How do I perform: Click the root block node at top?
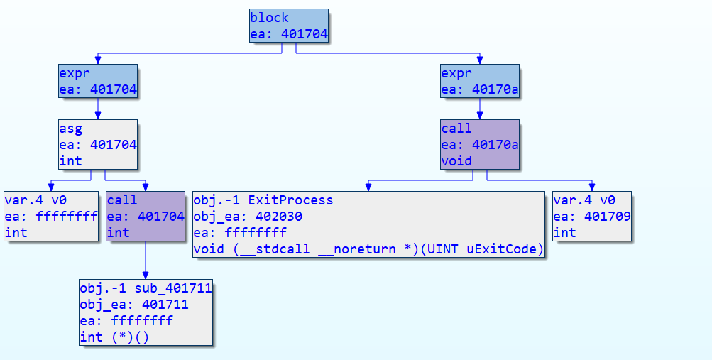point(289,26)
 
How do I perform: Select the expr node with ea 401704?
point(98,81)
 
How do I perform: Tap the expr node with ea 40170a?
point(480,81)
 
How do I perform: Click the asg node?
point(98,145)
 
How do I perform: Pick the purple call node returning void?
point(480,145)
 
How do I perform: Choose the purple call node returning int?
point(146,216)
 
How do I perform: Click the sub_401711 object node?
point(146,312)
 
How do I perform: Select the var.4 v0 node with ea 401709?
point(592,216)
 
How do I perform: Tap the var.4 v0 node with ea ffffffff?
point(51,216)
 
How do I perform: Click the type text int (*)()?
point(115,337)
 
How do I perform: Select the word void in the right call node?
point(456,160)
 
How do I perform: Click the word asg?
point(71,129)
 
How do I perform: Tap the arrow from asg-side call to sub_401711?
point(146,260)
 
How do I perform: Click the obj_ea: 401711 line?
point(134,305)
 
